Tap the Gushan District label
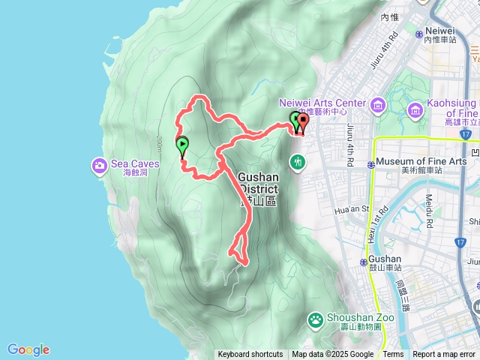point(257,183)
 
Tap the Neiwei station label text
point(439,31)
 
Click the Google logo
point(28,349)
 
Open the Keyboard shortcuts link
point(250,355)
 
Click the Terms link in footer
point(393,355)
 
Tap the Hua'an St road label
point(357,210)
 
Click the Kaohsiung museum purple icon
point(415,112)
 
